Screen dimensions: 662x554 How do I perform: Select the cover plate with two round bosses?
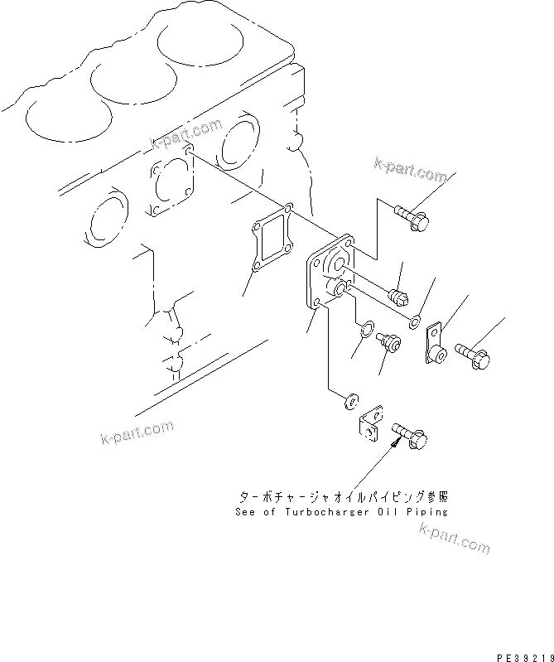point(329,274)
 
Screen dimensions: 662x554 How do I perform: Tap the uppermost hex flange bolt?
point(411,216)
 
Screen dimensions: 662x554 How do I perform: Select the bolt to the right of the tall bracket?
point(475,355)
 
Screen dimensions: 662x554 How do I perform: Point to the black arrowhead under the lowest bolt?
point(393,442)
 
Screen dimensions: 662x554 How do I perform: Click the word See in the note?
point(246,511)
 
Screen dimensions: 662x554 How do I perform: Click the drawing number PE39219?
point(523,654)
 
